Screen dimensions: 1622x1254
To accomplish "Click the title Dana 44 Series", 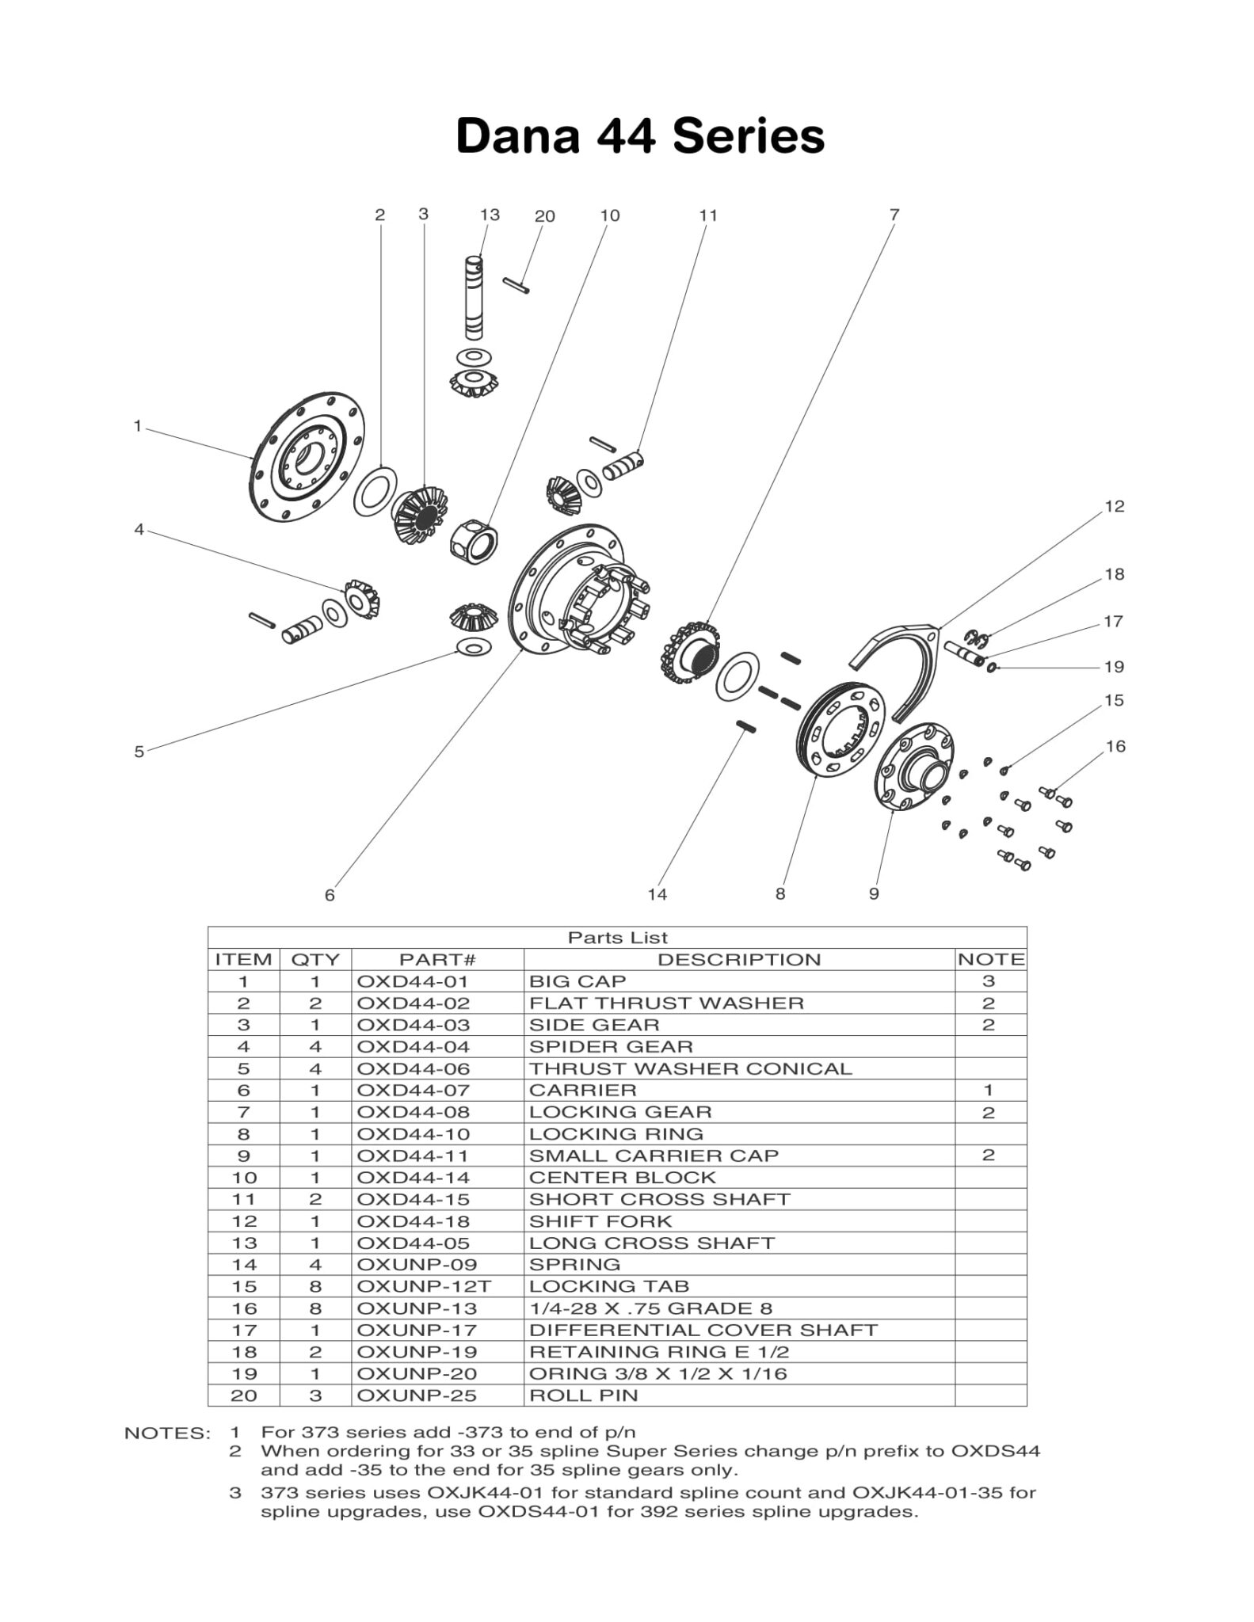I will [x=640, y=135].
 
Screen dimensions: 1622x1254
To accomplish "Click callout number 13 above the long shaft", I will [x=490, y=215].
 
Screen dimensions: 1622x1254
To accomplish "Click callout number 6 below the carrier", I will [x=330, y=895].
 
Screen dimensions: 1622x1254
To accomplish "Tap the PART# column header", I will [x=436, y=959].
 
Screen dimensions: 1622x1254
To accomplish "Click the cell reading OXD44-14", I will [x=413, y=1177].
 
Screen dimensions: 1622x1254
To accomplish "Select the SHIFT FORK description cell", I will [x=600, y=1220].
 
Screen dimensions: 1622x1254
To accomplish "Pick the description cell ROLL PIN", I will [x=583, y=1395].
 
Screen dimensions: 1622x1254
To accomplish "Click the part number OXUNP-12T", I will [x=417, y=1286].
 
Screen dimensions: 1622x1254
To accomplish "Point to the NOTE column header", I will [x=990, y=959].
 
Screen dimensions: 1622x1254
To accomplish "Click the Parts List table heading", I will [x=617, y=938].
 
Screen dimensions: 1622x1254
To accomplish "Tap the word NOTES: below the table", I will [x=167, y=1433].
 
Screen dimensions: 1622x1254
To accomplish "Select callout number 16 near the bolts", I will [x=1115, y=746].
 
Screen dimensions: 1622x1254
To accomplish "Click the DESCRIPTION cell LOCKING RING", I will [x=616, y=1133].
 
